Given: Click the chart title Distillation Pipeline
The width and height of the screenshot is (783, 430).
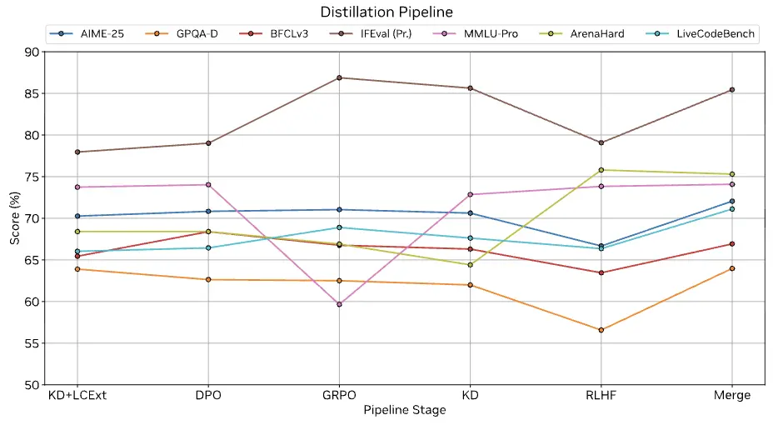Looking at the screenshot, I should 387,12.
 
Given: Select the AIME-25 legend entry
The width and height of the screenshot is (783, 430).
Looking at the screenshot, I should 91,34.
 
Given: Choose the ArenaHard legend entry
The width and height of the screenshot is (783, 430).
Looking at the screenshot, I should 591,34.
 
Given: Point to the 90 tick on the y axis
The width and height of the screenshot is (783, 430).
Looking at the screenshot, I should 32,52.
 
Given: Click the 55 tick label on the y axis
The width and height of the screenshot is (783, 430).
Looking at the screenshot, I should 32,343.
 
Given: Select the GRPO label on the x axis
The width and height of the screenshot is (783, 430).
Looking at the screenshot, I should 339,395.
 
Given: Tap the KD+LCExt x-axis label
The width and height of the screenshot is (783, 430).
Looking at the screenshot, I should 77,395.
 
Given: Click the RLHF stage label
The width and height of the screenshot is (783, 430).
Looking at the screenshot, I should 601,395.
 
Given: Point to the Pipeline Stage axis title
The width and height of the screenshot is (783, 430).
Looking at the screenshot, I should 405,410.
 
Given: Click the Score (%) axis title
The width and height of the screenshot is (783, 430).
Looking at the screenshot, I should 14,218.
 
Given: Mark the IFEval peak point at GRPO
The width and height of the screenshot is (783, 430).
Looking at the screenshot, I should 339,77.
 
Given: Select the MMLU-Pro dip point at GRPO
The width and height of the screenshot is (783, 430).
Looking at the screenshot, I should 339,304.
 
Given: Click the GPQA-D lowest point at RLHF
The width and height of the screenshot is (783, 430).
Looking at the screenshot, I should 601,330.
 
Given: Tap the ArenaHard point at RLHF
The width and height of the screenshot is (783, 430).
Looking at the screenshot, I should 601,170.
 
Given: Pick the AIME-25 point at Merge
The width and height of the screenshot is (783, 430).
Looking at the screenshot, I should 731,202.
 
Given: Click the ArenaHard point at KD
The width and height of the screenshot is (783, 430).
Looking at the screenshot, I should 470,265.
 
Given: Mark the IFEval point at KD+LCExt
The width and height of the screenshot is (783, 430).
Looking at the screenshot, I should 77,152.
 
